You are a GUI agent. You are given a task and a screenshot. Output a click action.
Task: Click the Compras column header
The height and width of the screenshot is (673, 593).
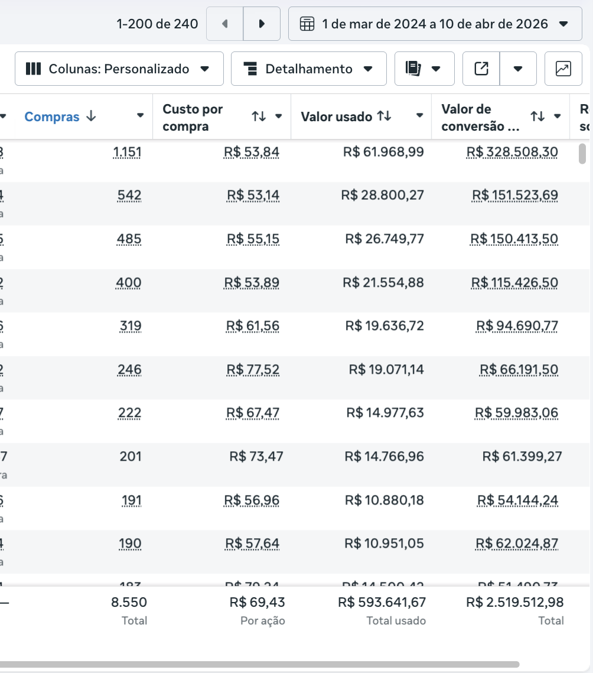52,117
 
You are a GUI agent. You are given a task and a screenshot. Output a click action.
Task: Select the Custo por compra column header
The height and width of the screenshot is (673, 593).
193,117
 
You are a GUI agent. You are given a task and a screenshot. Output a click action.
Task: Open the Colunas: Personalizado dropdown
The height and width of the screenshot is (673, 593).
119,69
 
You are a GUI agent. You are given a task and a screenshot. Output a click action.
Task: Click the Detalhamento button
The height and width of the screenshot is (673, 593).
308,69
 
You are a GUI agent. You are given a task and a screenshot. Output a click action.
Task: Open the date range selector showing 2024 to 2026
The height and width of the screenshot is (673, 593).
435,24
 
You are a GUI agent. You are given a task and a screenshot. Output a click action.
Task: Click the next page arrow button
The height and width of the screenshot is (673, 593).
262,24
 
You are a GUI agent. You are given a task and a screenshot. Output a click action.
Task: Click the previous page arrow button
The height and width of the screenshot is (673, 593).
224,24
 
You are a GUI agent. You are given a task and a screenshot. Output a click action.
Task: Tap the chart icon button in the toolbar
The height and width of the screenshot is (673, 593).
563,69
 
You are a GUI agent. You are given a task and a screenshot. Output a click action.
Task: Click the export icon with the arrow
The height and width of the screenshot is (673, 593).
481,69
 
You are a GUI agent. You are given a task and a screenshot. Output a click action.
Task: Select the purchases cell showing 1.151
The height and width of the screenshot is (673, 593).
127,153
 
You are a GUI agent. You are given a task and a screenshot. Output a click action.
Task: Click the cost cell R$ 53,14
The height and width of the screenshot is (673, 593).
253,195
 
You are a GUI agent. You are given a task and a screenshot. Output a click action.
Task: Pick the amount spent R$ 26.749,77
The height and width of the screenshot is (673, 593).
385,239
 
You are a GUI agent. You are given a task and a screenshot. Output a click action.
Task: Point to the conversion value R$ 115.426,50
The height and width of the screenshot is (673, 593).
514,283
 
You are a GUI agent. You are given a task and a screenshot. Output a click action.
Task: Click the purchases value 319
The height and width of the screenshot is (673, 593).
130,326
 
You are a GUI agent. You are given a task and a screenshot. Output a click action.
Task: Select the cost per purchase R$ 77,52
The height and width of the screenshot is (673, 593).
253,370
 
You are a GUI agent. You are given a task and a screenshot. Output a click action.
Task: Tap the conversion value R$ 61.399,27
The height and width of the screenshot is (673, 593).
522,456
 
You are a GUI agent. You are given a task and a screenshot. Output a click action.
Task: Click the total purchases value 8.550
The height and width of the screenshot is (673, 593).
129,602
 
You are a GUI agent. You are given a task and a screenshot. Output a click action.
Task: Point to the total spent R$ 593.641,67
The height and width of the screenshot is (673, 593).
382,602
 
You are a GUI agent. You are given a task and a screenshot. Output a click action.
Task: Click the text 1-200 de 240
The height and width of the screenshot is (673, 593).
157,24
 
